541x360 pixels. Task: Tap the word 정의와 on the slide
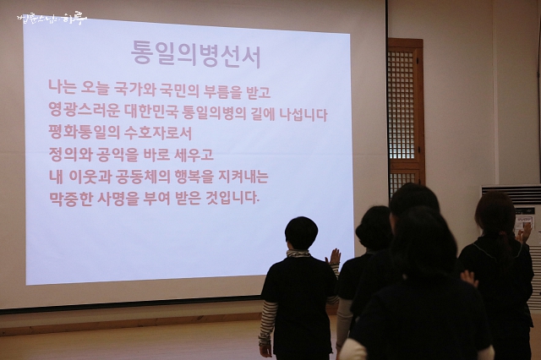(x=70, y=154)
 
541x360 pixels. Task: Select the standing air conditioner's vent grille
(x=511, y=194)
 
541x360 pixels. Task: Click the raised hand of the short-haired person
(x=334, y=256)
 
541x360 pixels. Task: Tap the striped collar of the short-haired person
(x=298, y=254)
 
